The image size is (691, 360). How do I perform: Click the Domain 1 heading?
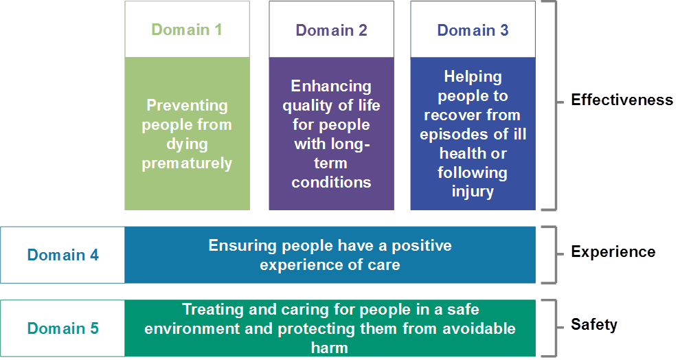(x=186, y=30)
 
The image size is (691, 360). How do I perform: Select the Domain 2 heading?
(x=331, y=30)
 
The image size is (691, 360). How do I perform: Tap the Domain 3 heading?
(x=473, y=30)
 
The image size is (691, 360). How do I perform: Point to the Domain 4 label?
(x=63, y=255)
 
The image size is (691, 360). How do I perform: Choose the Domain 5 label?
(x=63, y=328)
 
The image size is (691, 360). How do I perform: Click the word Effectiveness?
(x=622, y=100)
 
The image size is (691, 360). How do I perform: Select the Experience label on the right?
(x=613, y=251)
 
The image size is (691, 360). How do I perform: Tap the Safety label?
(x=594, y=324)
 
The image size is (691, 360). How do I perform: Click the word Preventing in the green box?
(x=187, y=105)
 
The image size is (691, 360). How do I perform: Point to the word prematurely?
(x=187, y=164)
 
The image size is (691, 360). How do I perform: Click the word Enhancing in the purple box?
(x=331, y=86)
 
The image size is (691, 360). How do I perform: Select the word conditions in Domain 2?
(x=331, y=183)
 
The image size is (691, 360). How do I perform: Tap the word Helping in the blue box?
(x=473, y=76)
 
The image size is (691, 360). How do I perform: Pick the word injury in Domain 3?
(x=473, y=192)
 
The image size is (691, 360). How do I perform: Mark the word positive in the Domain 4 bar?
(x=422, y=245)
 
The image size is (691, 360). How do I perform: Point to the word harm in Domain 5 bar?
(x=330, y=348)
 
